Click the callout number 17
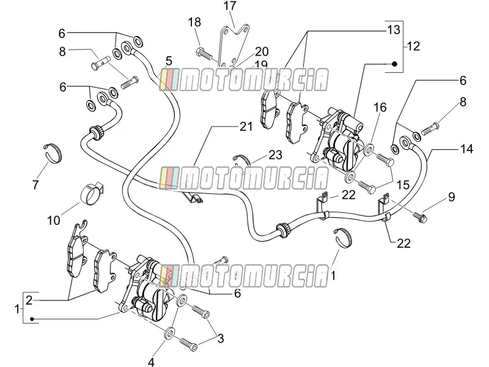[230, 6]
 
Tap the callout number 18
[194, 23]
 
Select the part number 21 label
[246, 127]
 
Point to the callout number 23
[275, 155]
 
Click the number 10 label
[53, 221]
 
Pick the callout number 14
[467, 149]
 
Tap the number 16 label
[380, 108]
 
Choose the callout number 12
[414, 46]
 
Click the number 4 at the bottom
[151, 362]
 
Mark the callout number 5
[169, 61]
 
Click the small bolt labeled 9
[420, 218]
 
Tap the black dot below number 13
[394, 64]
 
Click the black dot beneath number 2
[32, 319]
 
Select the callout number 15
[403, 185]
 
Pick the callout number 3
[221, 338]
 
